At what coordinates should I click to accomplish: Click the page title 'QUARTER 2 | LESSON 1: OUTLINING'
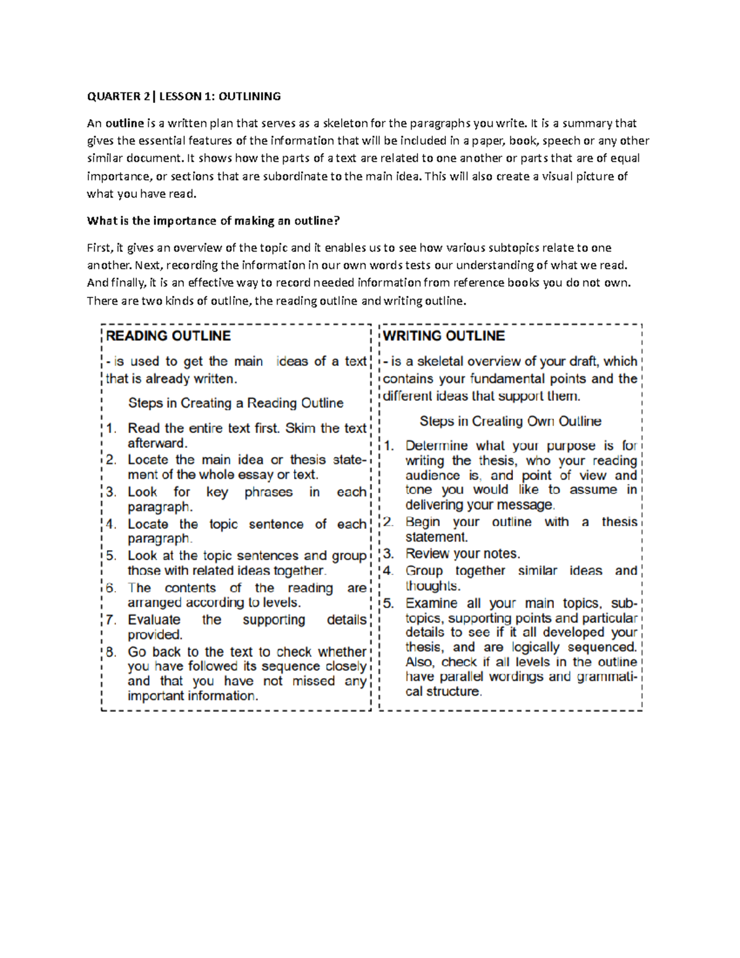[x=184, y=96]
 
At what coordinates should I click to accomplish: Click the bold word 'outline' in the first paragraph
[x=125, y=123]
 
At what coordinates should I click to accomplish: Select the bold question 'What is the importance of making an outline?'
[x=213, y=221]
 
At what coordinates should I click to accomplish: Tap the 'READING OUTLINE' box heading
[x=168, y=336]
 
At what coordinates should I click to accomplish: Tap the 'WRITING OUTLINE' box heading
[x=444, y=336]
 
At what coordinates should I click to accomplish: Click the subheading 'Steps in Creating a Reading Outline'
[x=236, y=403]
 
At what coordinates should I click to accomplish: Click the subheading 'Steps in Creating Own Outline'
[x=510, y=421]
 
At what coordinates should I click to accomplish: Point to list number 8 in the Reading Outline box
[x=111, y=652]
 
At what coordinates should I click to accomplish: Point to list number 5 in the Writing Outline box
[x=388, y=603]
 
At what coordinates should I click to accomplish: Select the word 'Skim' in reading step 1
[x=300, y=428]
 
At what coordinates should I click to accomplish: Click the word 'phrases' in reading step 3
[x=268, y=492]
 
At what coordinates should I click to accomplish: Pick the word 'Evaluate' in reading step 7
[x=154, y=620]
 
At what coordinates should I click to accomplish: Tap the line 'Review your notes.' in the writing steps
[x=462, y=554]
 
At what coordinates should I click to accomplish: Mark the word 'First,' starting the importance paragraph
[x=100, y=248]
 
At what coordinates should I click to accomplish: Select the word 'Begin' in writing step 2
[x=422, y=522]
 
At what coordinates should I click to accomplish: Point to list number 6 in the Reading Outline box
[x=111, y=588]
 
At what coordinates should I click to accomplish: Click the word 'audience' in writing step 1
[x=432, y=476]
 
